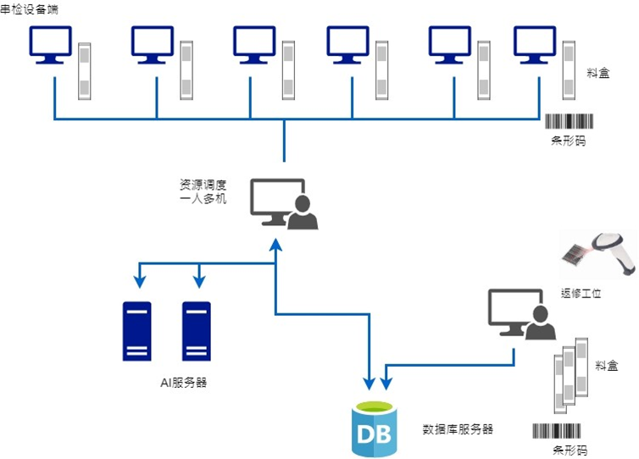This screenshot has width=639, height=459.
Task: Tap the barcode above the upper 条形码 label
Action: click(x=565, y=122)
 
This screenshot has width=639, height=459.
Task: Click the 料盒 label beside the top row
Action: click(x=597, y=75)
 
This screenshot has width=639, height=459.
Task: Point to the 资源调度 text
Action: click(x=197, y=185)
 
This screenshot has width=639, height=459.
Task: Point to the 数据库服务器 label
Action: click(x=458, y=429)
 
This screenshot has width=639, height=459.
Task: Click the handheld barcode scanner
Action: click(x=601, y=251)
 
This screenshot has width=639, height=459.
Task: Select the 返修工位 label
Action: click(x=581, y=293)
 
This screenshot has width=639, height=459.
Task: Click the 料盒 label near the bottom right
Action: click(x=606, y=366)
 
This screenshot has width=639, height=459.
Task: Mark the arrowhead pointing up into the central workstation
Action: click(x=275, y=244)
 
